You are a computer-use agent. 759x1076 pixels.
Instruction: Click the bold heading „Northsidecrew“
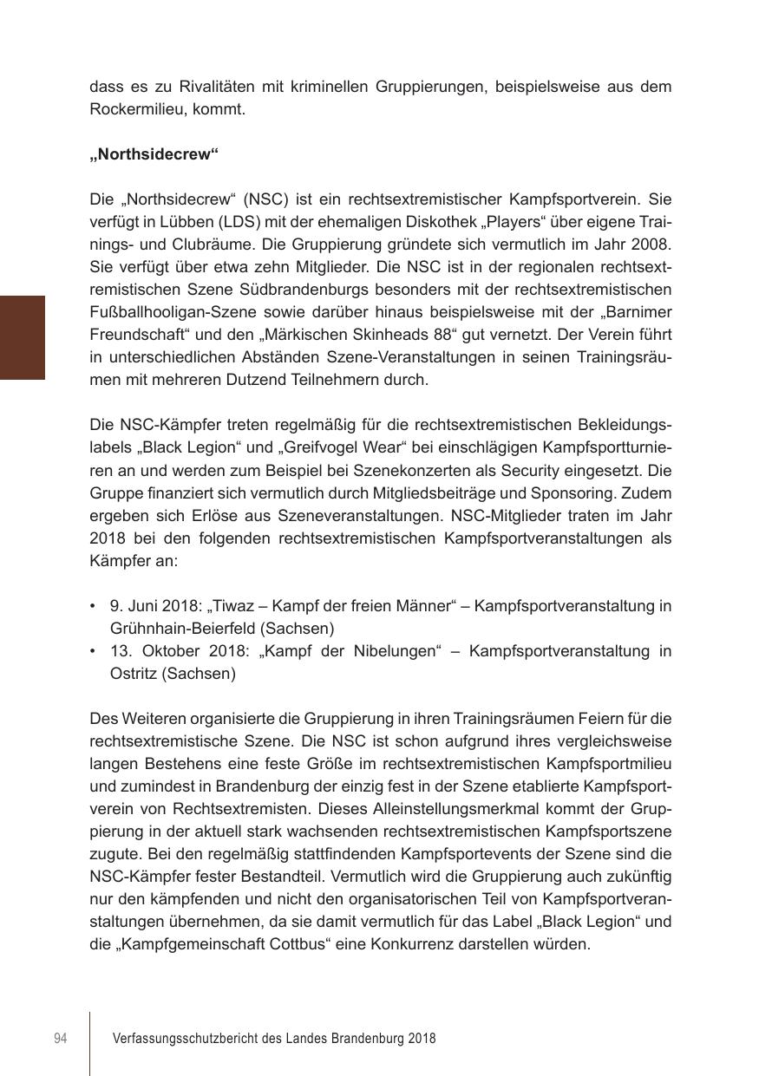154,154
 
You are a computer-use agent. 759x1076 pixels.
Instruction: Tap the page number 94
60,1038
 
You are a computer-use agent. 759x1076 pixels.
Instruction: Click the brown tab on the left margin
22,337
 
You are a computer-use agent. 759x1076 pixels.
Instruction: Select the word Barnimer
637,312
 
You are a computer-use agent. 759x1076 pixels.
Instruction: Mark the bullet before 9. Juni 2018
93,606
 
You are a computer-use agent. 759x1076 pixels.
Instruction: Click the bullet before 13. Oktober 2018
93,651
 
